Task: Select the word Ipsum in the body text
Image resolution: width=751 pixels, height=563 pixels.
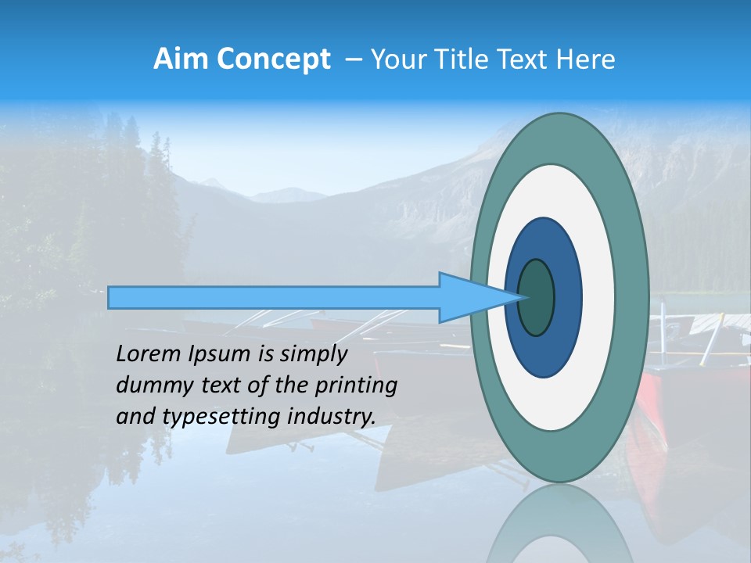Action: point(219,355)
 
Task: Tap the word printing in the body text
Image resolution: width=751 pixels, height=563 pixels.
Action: point(355,385)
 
